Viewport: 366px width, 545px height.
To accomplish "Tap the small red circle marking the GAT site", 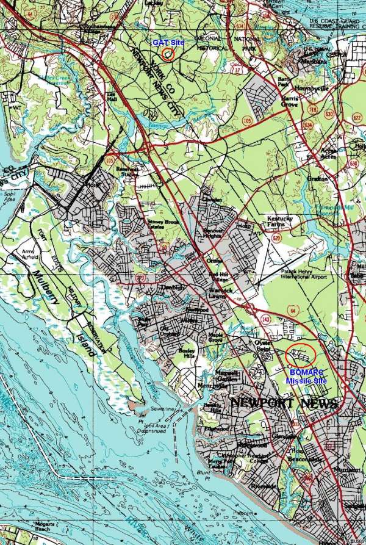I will tap(169, 53).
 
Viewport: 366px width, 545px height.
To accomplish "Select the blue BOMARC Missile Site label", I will tap(306, 375).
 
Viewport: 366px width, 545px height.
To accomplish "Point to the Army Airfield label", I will tap(28, 254).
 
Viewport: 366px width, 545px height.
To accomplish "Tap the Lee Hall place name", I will tap(111, 98).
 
